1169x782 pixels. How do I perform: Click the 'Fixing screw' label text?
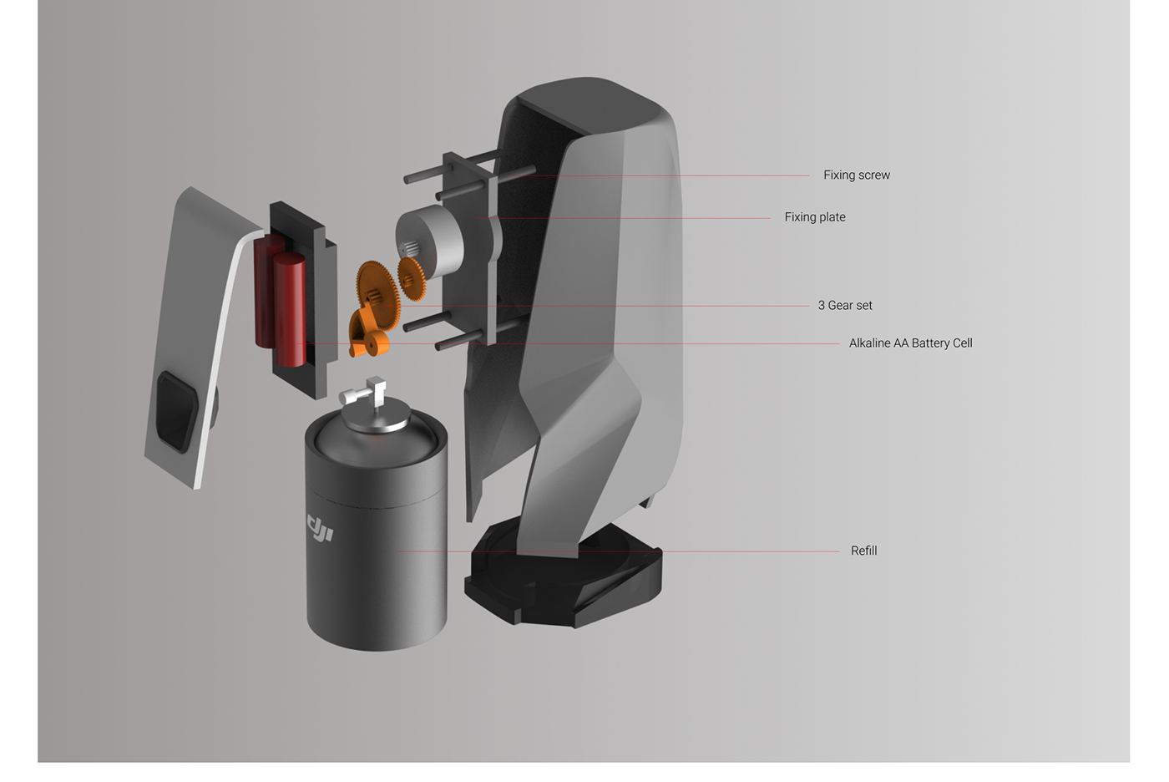856,175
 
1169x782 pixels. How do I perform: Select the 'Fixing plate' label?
814,217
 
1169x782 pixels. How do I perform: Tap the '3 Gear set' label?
844,306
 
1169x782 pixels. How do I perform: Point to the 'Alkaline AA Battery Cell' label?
910,343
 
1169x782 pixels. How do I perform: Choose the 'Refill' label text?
863,551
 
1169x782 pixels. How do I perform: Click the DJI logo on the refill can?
321,528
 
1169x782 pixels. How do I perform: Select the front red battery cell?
289,309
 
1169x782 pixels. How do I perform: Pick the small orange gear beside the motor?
411,278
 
